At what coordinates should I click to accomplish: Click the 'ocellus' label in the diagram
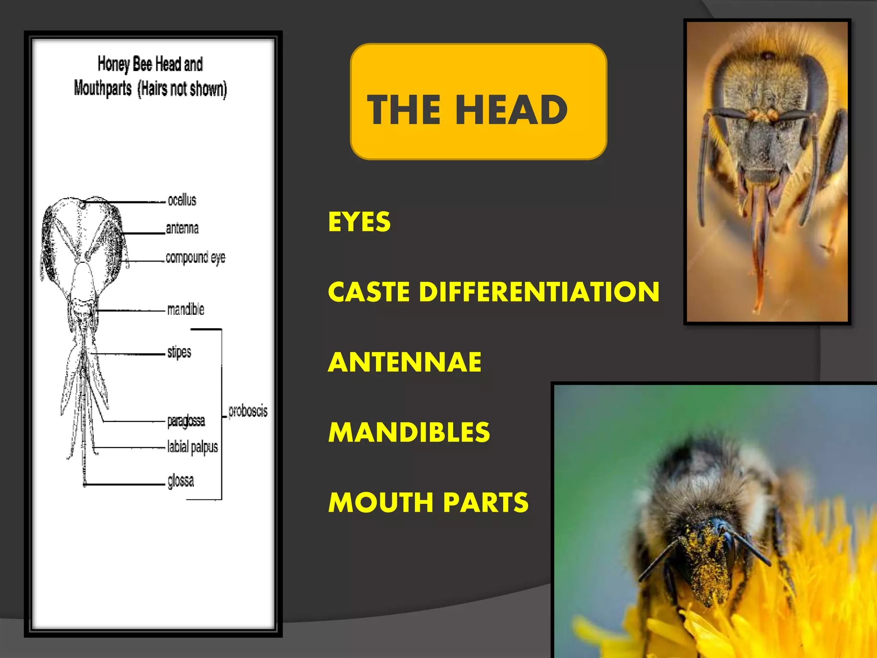(182, 200)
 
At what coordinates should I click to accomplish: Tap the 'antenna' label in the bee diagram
(182, 228)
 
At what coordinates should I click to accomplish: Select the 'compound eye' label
(195, 257)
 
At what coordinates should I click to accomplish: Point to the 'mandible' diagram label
(186, 309)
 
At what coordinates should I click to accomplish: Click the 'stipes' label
(179, 352)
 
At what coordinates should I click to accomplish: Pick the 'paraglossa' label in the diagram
(186, 421)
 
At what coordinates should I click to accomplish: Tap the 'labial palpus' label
(193, 447)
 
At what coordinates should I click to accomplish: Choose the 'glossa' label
(181, 481)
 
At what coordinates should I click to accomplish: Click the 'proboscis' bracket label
(248, 411)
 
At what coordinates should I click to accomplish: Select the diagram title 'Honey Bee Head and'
(150, 64)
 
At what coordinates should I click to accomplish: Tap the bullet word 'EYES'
(359, 222)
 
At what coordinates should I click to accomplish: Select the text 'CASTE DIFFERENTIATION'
(494, 292)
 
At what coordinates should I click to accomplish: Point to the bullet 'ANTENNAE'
(405, 362)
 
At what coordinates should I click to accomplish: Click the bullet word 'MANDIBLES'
(409, 432)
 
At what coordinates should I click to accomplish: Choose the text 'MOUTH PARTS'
(429, 502)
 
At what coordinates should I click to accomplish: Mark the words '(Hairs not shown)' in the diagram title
(182, 89)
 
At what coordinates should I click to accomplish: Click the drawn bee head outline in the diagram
(81, 240)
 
